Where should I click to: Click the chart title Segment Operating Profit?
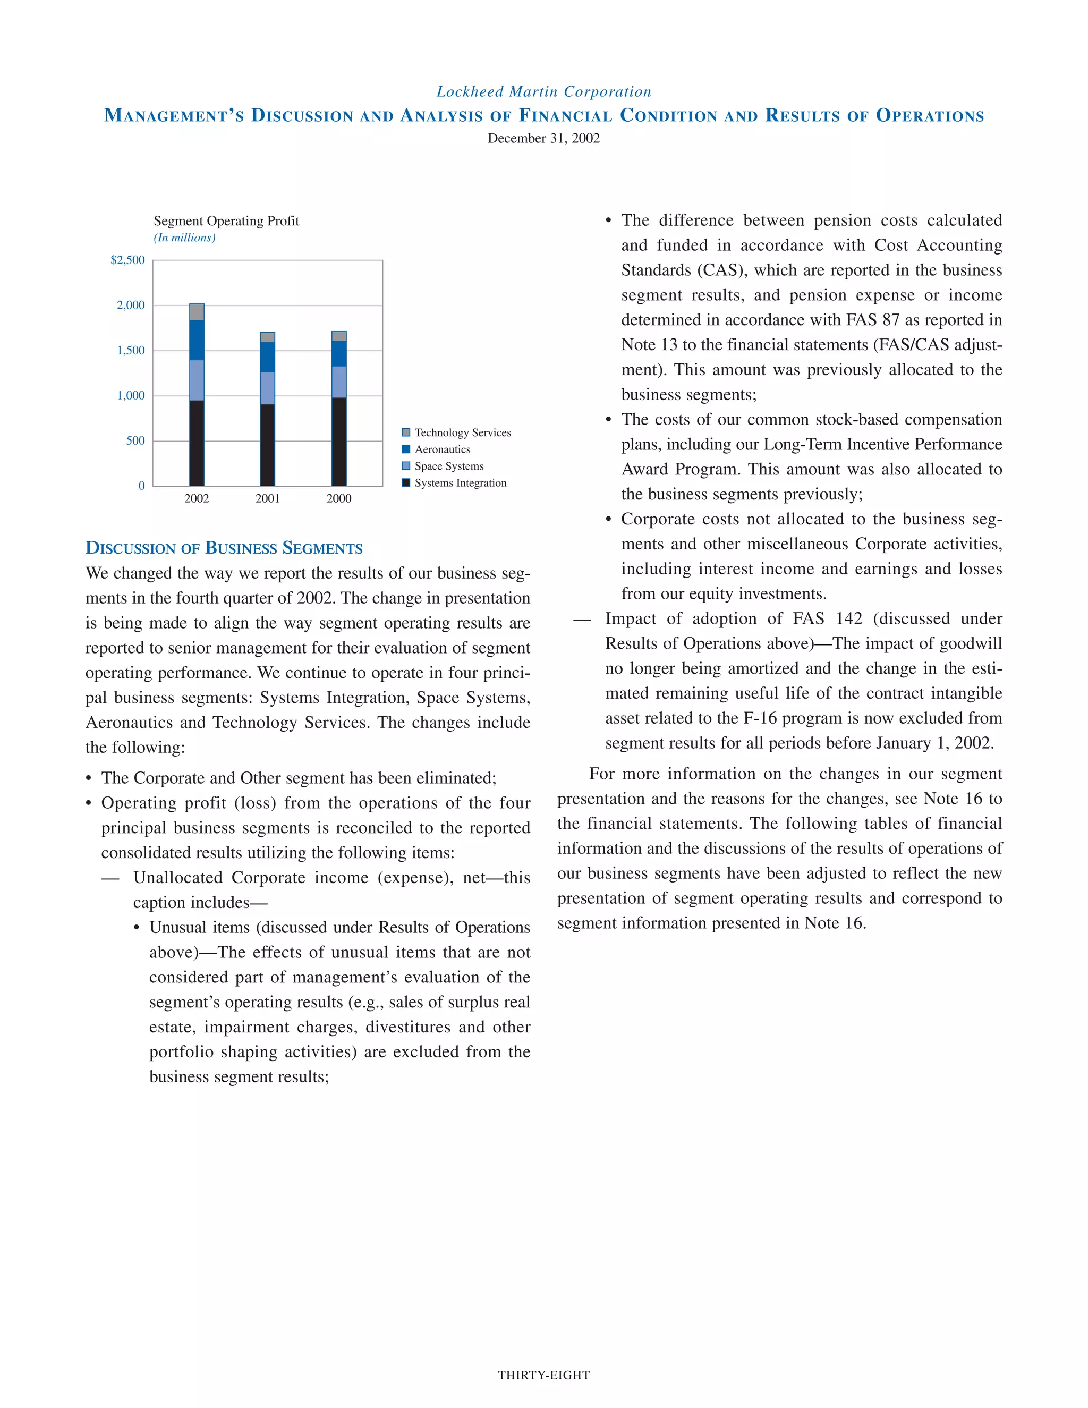[226, 221]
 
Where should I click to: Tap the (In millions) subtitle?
[184, 238]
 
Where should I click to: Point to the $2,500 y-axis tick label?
[127, 260]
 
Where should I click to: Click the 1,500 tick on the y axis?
[131, 350]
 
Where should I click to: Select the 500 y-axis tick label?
[135, 440]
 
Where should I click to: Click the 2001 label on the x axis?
[268, 498]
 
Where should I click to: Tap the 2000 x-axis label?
[339, 498]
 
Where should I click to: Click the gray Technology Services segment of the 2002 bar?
[197, 312]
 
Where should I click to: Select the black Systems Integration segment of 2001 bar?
[268, 445]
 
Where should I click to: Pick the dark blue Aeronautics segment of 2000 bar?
[339, 354]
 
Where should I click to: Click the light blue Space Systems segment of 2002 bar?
[197, 380]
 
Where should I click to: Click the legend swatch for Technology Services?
[406, 432]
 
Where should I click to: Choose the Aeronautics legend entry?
[442, 449]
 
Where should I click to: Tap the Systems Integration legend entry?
[460, 483]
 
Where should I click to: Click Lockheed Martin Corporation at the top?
[543, 91]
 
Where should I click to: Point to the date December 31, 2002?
[543, 138]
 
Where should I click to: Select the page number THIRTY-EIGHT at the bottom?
[543, 1375]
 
